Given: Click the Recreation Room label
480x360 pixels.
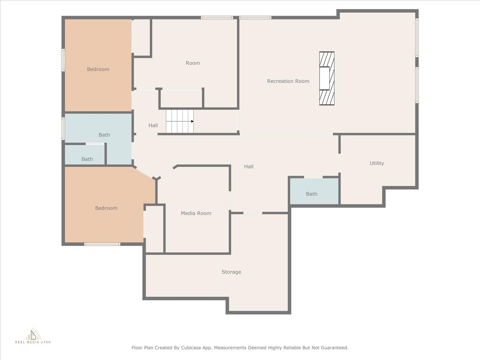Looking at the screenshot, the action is [x=288, y=81].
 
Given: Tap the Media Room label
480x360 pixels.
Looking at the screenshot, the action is [x=196, y=213].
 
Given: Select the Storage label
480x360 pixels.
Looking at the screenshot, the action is [x=231, y=272].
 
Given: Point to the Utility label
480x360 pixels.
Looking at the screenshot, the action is [x=377, y=163].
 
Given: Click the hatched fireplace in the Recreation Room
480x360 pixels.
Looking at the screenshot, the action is [x=327, y=78].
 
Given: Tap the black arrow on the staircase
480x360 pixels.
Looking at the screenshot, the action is [x=192, y=121].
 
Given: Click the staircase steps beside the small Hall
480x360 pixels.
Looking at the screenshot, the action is [x=180, y=121].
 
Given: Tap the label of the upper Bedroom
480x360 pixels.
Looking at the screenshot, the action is [x=98, y=69].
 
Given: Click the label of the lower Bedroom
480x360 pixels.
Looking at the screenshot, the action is [x=106, y=208].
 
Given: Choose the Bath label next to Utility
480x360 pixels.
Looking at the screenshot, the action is [x=312, y=194].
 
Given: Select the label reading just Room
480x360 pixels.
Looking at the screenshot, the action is [x=193, y=63].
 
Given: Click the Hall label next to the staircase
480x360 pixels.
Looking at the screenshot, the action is [x=153, y=126].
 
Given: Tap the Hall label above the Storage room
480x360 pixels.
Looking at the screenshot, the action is [x=249, y=166].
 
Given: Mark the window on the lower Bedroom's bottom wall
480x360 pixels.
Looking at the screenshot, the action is [x=102, y=244].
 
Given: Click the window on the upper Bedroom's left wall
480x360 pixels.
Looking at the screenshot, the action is [x=63, y=60].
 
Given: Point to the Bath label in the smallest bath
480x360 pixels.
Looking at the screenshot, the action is [x=87, y=159].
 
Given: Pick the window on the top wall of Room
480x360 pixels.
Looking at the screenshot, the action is [x=217, y=18].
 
